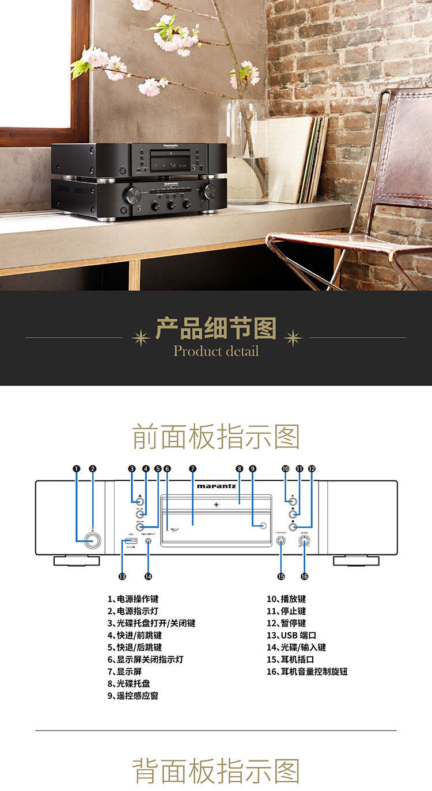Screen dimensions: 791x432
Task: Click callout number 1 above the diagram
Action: tap(77, 469)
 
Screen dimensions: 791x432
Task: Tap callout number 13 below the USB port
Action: tap(122, 576)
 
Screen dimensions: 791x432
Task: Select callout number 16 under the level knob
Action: tap(304, 576)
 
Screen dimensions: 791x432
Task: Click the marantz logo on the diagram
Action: tap(216, 486)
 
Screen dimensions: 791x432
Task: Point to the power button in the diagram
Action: tap(90, 540)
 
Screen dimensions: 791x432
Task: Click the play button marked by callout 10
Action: tap(293, 501)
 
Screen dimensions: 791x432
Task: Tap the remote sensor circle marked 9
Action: tap(263, 526)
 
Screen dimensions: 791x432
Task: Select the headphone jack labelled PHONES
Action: tap(282, 541)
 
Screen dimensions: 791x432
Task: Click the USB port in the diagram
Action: tap(127, 541)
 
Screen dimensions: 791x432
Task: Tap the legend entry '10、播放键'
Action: tap(286, 599)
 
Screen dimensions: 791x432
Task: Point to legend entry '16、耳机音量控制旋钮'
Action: tap(307, 671)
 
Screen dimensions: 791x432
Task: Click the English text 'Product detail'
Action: tap(216, 351)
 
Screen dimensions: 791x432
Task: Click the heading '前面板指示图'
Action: tap(216, 437)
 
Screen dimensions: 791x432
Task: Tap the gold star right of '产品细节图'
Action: tap(293, 338)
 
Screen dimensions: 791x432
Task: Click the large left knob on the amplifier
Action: tap(131, 193)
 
